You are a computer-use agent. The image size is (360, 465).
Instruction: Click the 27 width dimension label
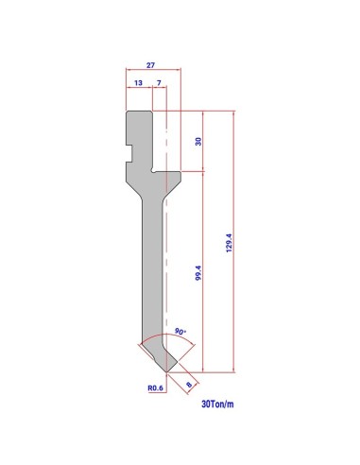[x=150, y=65]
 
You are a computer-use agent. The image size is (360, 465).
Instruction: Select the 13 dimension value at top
[x=138, y=83]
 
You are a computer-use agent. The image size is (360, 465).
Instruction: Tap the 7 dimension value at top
[x=159, y=83]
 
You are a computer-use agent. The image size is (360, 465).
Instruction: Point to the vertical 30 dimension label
[x=198, y=141]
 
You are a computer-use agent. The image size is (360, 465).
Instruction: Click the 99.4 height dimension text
[x=198, y=273]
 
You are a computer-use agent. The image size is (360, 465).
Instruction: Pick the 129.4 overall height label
[x=229, y=243]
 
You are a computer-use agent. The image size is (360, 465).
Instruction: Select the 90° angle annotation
[x=180, y=332]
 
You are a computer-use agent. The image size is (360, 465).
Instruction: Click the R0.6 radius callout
[x=156, y=388]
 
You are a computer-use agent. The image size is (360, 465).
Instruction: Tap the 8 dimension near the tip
[x=189, y=385]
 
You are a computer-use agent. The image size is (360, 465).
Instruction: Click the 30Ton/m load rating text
[x=217, y=404]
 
